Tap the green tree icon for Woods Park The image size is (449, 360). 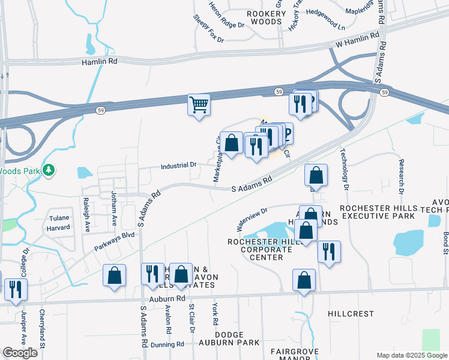tap(49, 170)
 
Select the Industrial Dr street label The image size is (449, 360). tap(178, 164)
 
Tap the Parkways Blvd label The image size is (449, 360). tap(115, 241)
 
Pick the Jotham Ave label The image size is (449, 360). tap(113, 208)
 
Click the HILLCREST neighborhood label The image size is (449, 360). tap(351, 314)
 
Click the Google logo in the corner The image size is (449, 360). tap(19, 353)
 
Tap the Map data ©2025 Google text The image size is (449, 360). tap(412, 355)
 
